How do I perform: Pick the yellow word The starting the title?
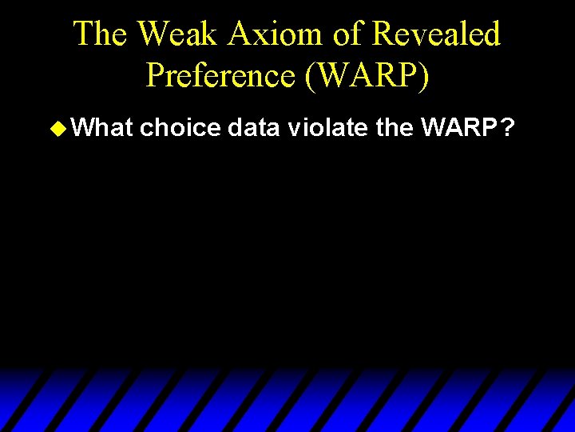pyautogui.click(x=101, y=34)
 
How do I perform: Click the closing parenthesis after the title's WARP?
pyautogui.click(x=423, y=75)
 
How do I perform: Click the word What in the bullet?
pyautogui.click(x=99, y=126)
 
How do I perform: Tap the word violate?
pyautogui.click(x=328, y=126)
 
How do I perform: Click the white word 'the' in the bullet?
pyautogui.click(x=393, y=126)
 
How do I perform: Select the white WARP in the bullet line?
pyautogui.click(x=458, y=126)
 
